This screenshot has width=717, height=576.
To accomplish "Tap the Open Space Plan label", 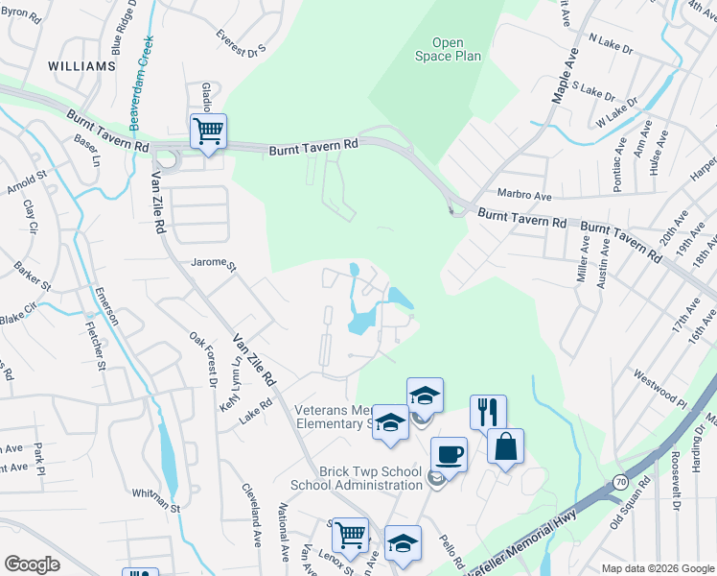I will [448, 49].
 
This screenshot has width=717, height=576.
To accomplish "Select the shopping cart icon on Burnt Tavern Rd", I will [208, 130].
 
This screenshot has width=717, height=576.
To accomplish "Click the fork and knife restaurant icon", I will [488, 412].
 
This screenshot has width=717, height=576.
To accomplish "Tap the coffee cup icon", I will [449, 454].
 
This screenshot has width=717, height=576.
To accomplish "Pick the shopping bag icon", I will [505, 445].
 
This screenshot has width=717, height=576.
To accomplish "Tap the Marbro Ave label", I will [524, 195].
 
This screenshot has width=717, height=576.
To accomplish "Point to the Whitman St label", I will [156, 500].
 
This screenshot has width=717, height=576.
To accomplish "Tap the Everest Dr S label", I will [240, 43].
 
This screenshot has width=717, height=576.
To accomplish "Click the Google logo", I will [32, 564].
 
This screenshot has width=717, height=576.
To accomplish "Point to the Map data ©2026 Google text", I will [657, 568].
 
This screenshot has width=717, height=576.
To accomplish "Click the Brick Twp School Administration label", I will [357, 478].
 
